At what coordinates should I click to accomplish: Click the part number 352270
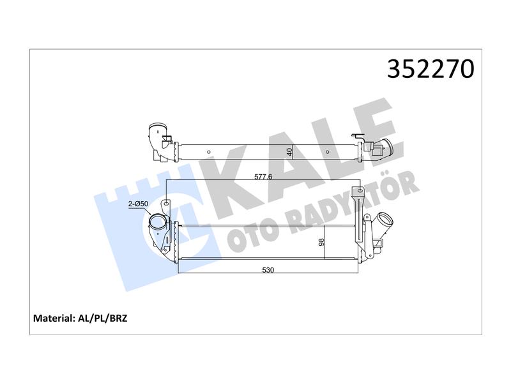click(431, 69)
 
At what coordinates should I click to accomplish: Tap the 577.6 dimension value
click(263, 177)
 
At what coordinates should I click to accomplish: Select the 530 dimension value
click(268, 270)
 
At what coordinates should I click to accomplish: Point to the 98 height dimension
click(322, 242)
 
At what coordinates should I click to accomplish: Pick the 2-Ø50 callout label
click(138, 204)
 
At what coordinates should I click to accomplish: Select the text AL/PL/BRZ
click(103, 318)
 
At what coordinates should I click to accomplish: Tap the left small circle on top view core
click(209, 152)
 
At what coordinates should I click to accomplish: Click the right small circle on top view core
click(327, 152)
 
